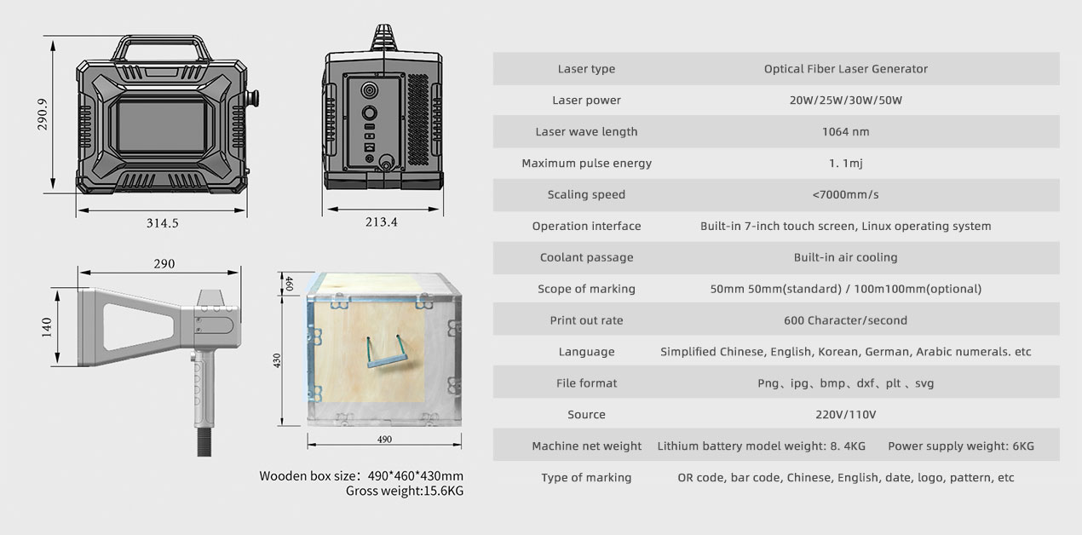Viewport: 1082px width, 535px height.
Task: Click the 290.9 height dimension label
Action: [43, 114]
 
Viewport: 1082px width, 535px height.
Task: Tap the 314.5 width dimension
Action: [162, 223]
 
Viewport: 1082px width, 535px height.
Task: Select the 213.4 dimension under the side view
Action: [381, 221]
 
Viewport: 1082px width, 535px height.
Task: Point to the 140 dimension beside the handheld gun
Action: [46, 327]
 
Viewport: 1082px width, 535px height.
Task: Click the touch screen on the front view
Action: [161, 128]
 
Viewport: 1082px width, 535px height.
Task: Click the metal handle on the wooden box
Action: [387, 352]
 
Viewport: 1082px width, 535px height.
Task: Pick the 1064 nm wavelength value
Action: [845, 132]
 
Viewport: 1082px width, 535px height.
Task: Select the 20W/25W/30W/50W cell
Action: [845, 101]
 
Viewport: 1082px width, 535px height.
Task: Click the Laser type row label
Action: [586, 69]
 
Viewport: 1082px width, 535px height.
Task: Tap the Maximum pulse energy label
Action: [586, 164]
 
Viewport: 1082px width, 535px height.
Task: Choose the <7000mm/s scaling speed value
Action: [845, 194]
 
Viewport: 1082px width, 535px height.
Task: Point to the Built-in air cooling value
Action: [845, 257]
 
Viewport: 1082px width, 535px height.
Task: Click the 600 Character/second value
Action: [845, 320]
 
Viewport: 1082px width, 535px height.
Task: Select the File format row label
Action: [586, 383]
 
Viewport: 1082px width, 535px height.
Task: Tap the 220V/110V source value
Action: [845, 414]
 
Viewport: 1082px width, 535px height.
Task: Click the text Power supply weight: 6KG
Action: [961, 446]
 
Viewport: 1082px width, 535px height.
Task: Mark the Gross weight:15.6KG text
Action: [405, 491]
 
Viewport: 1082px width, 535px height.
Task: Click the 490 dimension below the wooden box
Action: [384, 440]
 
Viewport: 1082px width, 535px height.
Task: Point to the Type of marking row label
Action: [586, 478]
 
